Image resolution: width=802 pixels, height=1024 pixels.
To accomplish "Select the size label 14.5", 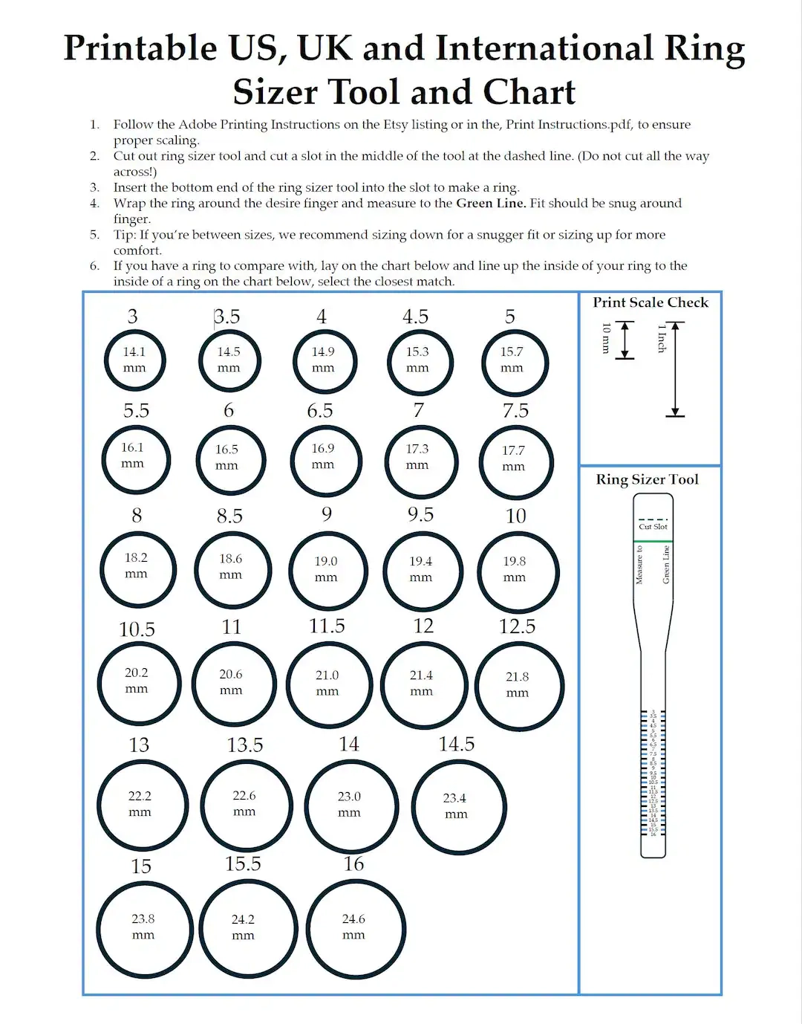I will coord(456,744).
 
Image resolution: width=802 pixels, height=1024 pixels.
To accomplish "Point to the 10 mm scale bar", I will coord(625,340).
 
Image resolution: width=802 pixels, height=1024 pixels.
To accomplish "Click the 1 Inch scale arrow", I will coord(675,369).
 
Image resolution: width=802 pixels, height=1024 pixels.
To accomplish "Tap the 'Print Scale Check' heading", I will coord(651,302).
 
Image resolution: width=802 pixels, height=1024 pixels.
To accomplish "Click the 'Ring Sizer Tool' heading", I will coord(647,479).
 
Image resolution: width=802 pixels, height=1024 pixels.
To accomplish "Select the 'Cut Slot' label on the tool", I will coord(653,527).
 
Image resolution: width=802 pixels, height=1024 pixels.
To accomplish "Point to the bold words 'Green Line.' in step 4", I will coord(491,203).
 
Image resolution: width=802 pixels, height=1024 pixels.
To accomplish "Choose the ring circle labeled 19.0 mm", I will coord(327,571).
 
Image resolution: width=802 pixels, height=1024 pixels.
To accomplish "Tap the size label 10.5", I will coord(137,629).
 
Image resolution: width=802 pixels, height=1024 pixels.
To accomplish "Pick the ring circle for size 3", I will coord(134,360).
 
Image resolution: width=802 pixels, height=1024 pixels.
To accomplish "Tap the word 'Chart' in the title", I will coord(529,93).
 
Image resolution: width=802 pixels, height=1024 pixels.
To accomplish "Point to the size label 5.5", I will coord(136,411).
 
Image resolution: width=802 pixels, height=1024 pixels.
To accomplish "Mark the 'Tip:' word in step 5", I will coord(125,235).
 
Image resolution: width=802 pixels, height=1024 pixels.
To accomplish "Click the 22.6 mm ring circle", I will coord(246,805).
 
